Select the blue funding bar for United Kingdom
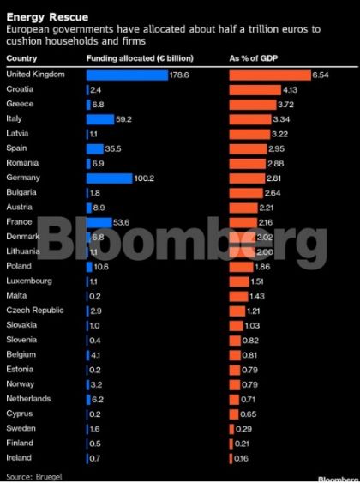[x=127, y=75]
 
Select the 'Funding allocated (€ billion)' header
[x=140, y=58]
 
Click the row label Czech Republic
[x=33, y=310]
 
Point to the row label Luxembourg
[x=29, y=281]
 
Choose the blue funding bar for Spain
[x=93, y=148]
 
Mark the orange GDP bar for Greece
[x=252, y=104]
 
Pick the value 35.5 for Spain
[x=113, y=148]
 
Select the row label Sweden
[x=21, y=428]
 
